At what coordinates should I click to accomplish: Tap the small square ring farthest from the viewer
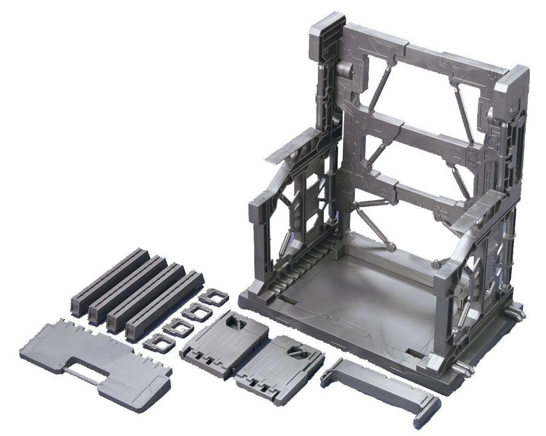click(x=214, y=297)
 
